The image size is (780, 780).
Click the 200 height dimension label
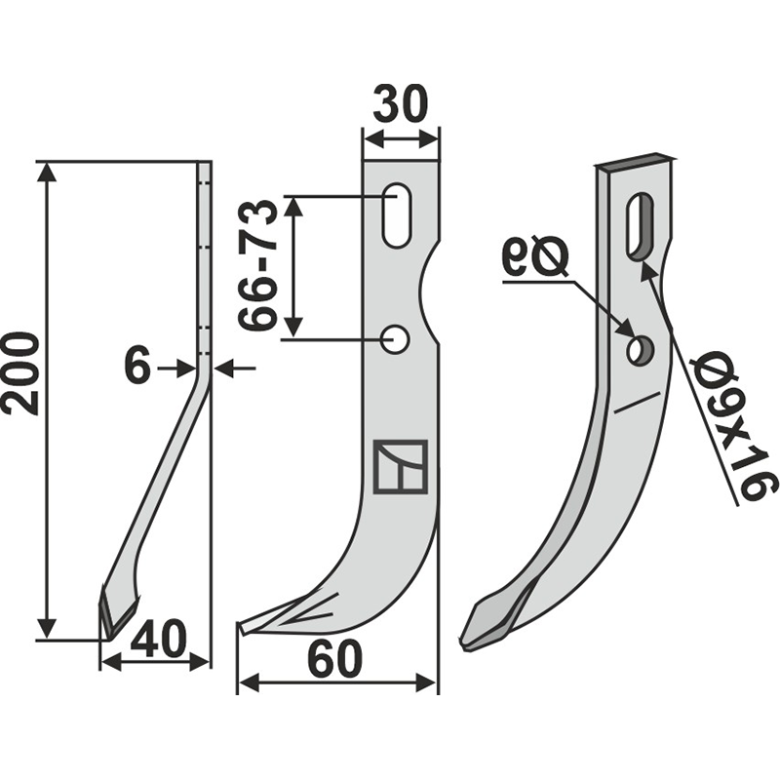20,372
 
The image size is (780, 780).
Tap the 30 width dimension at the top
401,104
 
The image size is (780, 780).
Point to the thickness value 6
138,368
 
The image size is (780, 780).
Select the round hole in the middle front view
396,339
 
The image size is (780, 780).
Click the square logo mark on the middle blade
400,466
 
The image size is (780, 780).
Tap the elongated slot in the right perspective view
641,225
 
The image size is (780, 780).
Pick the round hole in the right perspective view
640,350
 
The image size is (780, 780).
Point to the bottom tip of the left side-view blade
106,634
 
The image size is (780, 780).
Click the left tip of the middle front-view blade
241,627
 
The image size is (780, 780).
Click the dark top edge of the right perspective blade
635,163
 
